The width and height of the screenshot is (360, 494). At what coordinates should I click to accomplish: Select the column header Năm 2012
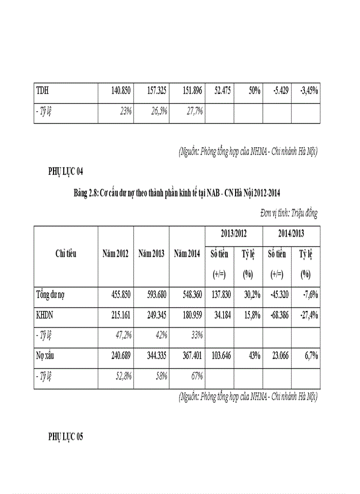(116, 254)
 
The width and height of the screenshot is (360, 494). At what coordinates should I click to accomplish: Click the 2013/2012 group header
(234, 234)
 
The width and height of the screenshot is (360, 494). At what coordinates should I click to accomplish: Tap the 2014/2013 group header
(291, 234)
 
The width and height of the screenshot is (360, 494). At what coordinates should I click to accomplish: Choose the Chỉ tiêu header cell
(66, 254)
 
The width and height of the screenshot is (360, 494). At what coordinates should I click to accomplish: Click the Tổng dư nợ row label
(50, 295)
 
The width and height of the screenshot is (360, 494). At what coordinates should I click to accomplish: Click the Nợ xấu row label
(45, 356)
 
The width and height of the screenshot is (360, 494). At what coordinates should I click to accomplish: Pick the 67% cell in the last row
(195, 376)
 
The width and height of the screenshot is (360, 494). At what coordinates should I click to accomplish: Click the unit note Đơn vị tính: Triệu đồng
(289, 213)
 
